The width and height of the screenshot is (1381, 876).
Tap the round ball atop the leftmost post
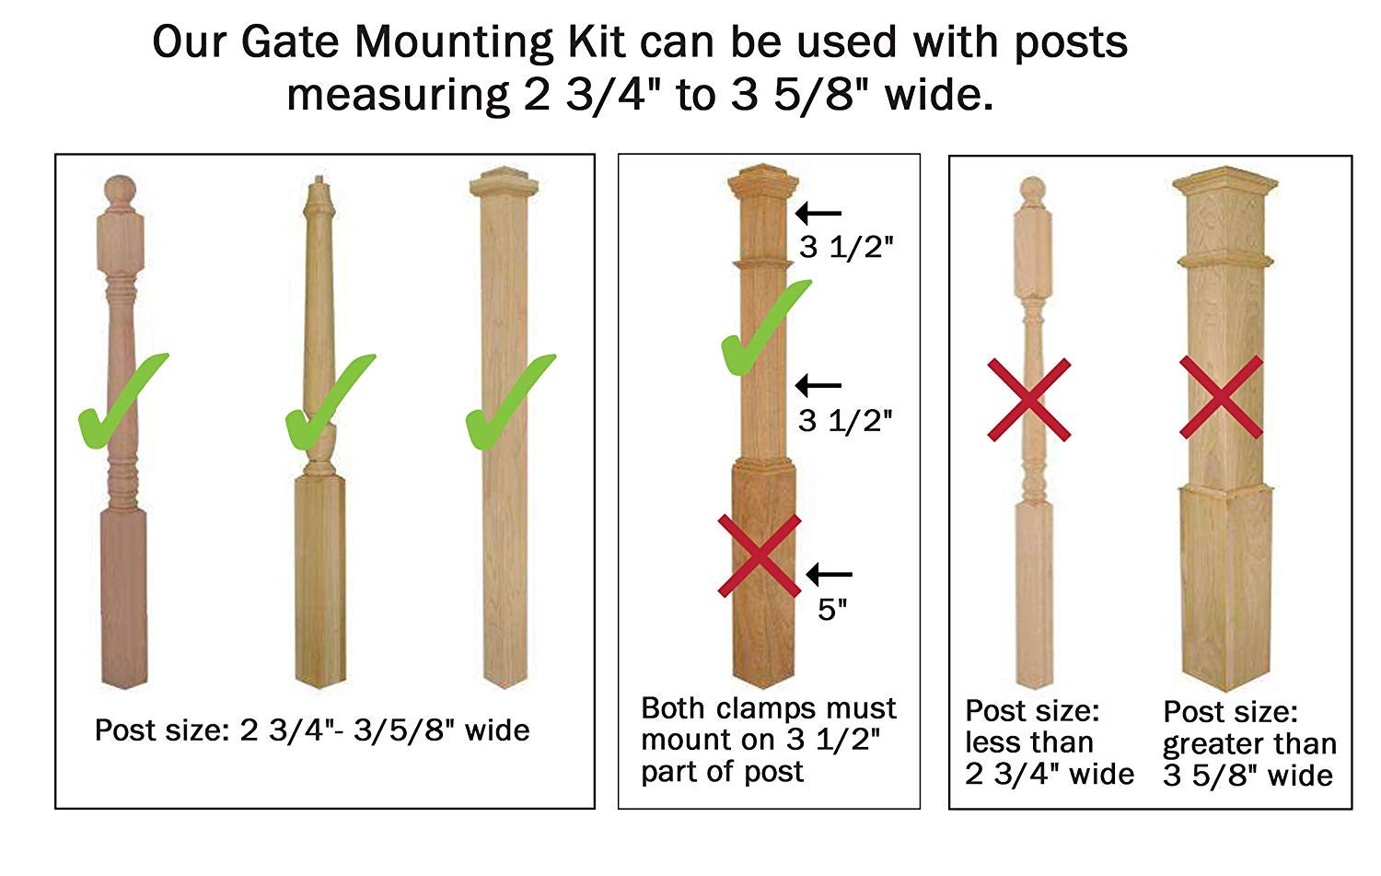[x=119, y=191]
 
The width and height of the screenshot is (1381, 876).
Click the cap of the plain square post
[x=503, y=182]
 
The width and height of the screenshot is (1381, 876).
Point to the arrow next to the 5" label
[x=830, y=575]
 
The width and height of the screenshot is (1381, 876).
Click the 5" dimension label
[x=832, y=610]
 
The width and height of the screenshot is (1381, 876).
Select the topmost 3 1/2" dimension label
[x=846, y=248]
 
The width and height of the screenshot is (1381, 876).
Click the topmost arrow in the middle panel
[x=818, y=214]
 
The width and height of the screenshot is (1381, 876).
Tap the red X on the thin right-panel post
[x=1029, y=400]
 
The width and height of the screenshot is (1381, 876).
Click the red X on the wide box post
[x=1221, y=398]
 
